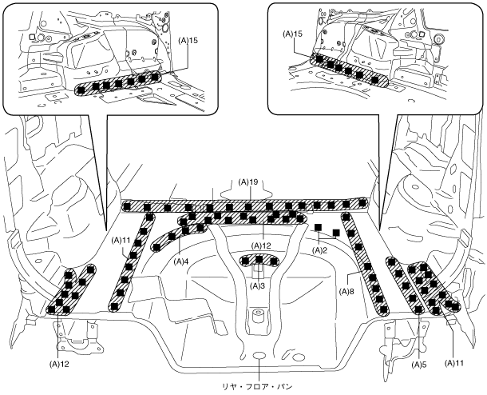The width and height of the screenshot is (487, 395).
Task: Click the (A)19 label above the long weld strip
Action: coord(248,182)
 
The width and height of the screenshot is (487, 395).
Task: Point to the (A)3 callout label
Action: coord(257,285)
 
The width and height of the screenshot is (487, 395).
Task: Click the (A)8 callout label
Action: coord(346,291)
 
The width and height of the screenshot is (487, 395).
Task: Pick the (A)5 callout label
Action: coord(418,365)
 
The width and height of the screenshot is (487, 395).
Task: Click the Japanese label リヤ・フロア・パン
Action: coord(258,387)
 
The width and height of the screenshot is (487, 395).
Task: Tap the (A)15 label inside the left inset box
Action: coord(188,41)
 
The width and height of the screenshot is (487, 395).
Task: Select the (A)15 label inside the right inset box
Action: coord(292,34)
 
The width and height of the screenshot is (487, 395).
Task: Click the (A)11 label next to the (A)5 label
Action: coord(454,363)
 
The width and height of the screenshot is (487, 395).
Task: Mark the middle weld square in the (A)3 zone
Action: coord(259,259)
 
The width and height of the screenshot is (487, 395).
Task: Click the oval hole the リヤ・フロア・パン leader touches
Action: coord(259,355)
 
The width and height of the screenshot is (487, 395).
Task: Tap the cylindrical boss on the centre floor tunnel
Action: coord(258,317)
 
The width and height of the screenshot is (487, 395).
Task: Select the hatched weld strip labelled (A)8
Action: coord(365,264)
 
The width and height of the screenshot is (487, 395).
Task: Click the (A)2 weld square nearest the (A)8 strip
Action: coord(336,233)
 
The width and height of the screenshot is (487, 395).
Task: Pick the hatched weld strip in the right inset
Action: coord(349,70)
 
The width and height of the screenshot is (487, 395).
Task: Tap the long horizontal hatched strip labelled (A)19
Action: coord(244,205)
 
